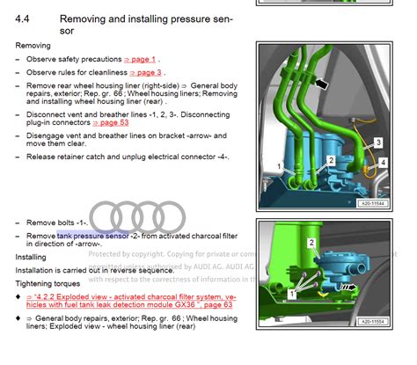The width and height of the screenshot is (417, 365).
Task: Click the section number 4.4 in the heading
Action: click(x=26, y=18)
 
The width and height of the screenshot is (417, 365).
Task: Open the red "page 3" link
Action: click(x=145, y=72)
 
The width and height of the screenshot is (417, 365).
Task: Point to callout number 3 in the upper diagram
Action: click(x=378, y=141)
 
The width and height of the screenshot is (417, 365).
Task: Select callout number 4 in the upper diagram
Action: click(x=383, y=162)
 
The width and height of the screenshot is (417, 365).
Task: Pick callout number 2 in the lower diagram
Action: click(x=311, y=242)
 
